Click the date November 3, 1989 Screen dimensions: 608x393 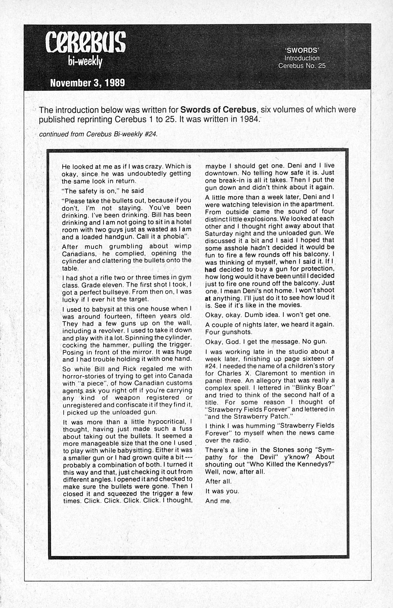(x=87, y=83)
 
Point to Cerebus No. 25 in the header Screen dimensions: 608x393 (x=302, y=66)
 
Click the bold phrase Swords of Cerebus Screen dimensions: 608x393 (x=218, y=109)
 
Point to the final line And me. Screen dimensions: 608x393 (x=218, y=501)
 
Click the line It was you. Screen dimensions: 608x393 (x=222, y=491)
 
